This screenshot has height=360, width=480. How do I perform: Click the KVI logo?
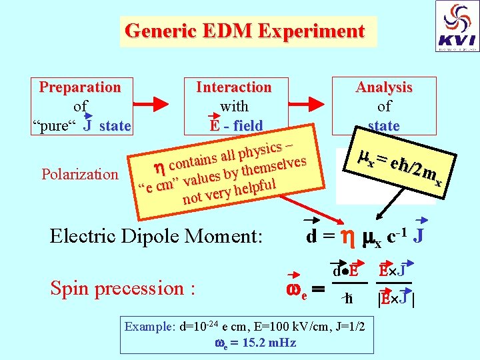pos(457,27)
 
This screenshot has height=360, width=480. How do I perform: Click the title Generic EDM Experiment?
pos(245,31)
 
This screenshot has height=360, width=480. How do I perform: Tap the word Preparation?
pos(80,87)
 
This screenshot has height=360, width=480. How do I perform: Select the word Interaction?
pos(233,87)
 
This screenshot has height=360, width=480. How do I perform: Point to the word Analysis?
pos(384,87)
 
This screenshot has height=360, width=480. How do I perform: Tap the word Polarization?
pos(79,175)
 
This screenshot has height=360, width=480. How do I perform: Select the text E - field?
pos(235,126)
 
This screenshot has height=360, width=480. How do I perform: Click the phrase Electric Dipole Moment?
pos(157,236)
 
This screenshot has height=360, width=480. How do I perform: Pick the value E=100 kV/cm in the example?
pos(291,328)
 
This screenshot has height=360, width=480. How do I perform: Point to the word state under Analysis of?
pos(384,126)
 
